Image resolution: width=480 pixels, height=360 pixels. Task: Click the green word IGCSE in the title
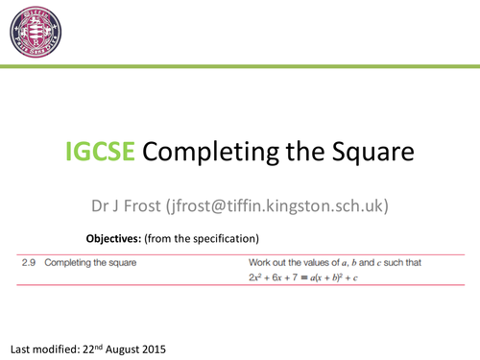coord(101,153)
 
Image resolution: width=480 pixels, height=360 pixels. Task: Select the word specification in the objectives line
coord(224,237)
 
